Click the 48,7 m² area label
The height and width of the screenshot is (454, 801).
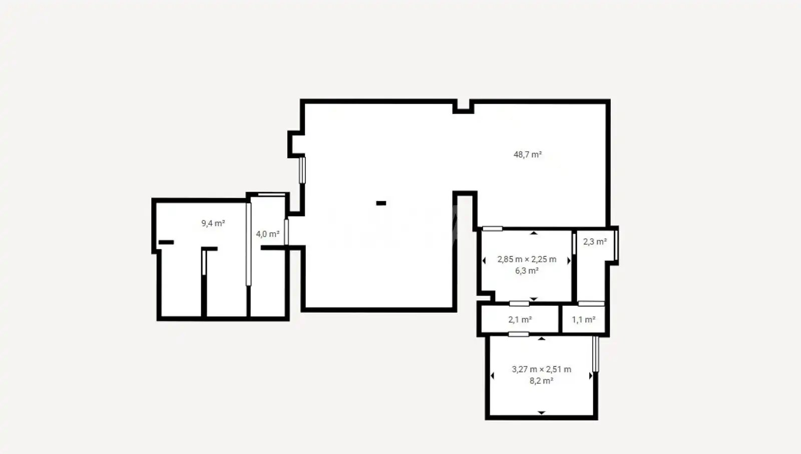tap(528, 155)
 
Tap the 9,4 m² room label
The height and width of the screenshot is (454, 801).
tap(213, 223)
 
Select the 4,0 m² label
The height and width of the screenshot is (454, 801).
tap(267, 234)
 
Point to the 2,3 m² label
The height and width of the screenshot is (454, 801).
tap(595, 242)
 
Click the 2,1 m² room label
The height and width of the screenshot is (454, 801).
tap(520, 319)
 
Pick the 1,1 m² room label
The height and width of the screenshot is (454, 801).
tap(583, 319)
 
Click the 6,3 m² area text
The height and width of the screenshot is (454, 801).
tap(527, 271)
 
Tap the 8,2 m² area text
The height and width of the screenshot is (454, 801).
tap(541, 381)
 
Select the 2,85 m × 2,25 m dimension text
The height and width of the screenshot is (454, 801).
tap(527, 259)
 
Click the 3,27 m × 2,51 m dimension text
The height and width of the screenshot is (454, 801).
tap(541, 369)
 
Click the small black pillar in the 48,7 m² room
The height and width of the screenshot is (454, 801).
tap(381, 203)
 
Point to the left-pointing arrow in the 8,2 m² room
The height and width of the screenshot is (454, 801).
tap(493, 376)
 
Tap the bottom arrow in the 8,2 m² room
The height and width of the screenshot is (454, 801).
tap(541, 412)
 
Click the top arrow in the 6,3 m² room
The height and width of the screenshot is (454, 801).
tap(534, 233)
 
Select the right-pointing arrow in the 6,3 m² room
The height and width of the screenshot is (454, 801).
tap(569, 261)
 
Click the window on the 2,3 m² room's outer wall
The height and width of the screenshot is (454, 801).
tap(616, 245)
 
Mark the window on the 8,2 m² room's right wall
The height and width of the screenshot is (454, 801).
tap(595, 354)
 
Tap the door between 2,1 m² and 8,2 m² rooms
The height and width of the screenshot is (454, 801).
tap(519, 334)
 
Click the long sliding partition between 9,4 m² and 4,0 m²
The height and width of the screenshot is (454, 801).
tap(248, 244)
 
